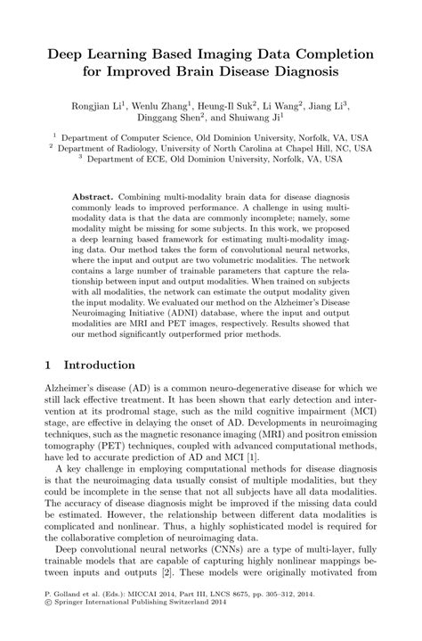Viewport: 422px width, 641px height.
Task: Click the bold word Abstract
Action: click(99, 194)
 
